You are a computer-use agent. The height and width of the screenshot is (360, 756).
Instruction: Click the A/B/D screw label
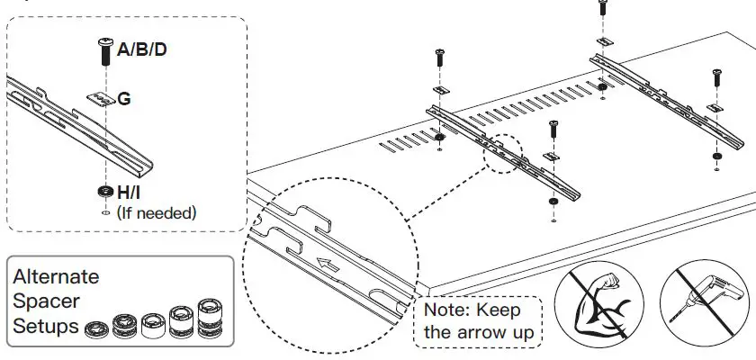142,49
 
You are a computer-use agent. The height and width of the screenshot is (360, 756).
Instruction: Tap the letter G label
124,98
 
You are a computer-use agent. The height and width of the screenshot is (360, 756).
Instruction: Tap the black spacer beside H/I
104,192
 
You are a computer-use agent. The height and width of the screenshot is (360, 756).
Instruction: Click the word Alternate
56,276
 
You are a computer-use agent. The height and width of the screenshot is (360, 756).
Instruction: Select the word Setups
46,325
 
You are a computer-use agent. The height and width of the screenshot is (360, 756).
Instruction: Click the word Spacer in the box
46,301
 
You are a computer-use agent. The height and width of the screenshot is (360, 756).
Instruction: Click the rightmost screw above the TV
717,76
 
